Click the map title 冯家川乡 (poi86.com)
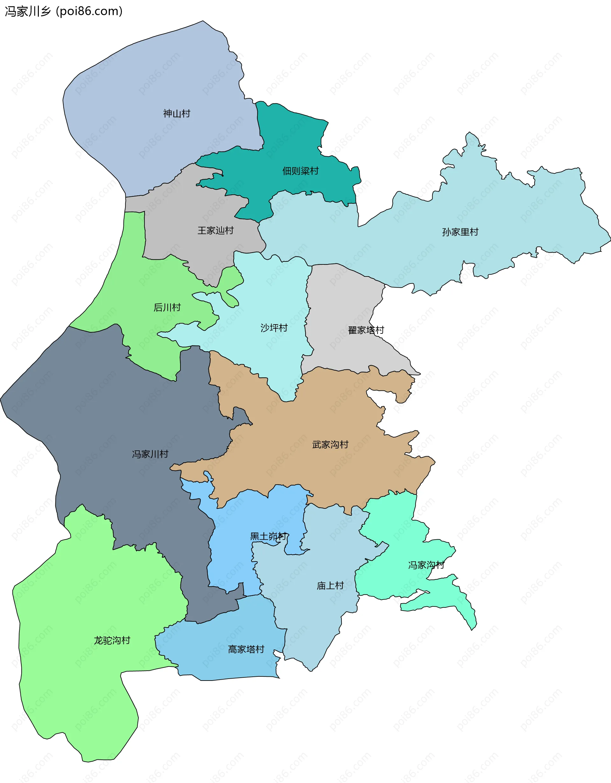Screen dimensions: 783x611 pyautogui.click(x=64, y=11)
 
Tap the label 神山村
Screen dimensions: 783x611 pyautogui.click(x=176, y=114)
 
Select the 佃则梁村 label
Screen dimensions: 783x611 pyautogui.click(x=300, y=171)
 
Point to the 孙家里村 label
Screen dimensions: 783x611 pyautogui.click(x=460, y=232)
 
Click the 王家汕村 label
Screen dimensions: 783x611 pyautogui.click(x=215, y=231)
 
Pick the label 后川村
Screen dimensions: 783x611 pyautogui.click(x=167, y=307)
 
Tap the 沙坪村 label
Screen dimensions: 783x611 pyautogui.click(x=274, y=328)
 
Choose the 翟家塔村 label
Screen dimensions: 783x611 pyautogui.click(x=366, y=330)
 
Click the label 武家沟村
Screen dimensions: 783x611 pyautogui.click(x=330, y=444)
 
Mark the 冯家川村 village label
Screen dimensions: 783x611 pyautogui.click(x=150, y=454)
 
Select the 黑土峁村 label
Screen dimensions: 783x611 pyautogui.click(x=268, y=536)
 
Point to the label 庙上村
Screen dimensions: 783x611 pyautogui.click(x=330, y=585)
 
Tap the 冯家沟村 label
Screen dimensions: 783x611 pyautogui.click(x=426, y=565)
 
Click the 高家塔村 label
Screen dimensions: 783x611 pyautogui.click(x=246, y=649)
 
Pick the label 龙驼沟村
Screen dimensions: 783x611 pyautogui.click(x=112, y=640)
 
